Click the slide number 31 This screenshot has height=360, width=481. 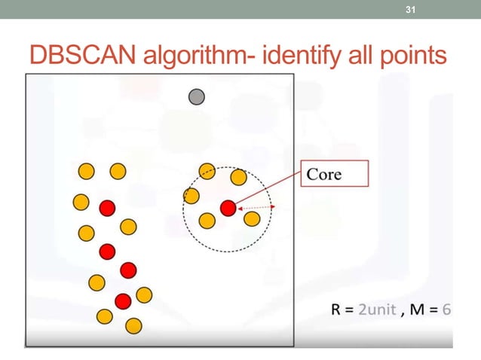click(411, 10)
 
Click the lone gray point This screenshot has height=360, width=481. click(197, 96)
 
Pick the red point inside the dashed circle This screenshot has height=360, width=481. click(228, 207)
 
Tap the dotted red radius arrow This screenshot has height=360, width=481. click(257, 207)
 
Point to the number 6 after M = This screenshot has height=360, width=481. click(446, 310)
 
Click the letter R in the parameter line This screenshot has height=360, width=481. click(336, 310)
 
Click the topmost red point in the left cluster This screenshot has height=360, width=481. click(106, 207)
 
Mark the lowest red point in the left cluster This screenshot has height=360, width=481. click(122, 301)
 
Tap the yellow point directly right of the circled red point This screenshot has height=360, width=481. click(252, 218)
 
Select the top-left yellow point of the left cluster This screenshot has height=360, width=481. click(86, 172)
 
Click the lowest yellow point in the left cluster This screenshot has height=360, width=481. click(133, 325)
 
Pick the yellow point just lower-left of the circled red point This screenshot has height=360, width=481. click(206, 220)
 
